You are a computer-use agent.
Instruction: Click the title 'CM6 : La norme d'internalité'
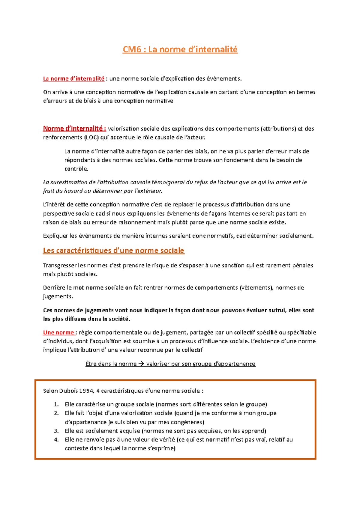(180, 49)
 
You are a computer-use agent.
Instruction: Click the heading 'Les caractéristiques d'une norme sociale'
(114, 251)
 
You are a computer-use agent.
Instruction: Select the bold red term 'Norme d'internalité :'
(74, 129)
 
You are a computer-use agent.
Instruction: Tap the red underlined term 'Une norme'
(58, 332)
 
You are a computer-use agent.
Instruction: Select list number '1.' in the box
(56, 404)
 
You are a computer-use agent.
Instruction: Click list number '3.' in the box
(56, 431)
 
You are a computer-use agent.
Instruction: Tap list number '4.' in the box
(56, 440)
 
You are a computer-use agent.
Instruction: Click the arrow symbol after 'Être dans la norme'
(141, 364)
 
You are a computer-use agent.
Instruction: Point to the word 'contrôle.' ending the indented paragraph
(76, 169)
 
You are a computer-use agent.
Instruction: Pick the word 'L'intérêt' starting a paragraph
(54, 205)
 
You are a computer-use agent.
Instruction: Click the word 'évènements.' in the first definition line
(225, 79)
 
